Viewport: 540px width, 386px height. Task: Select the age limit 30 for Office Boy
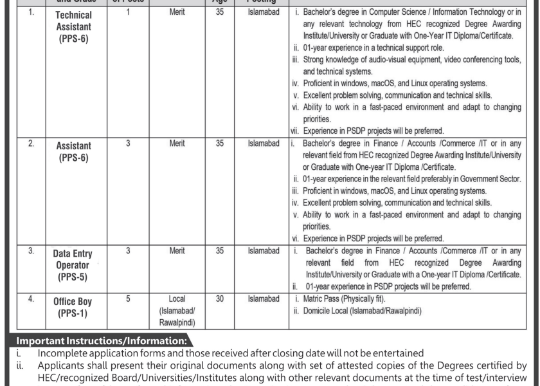coord(220,299)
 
